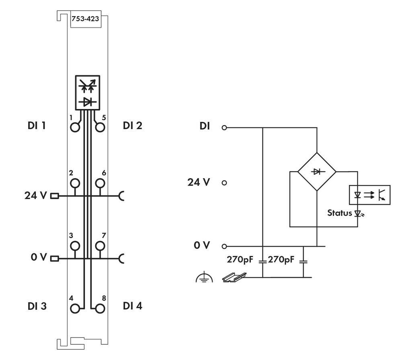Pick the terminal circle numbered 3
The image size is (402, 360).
click(75, 245)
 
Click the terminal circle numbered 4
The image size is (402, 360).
click(75, 309)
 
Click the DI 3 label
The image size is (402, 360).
click(37, 306)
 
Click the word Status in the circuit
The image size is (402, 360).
click(339, 213)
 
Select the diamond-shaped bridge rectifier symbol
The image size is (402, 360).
click(317, 171)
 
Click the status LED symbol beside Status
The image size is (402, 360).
click(358, 214)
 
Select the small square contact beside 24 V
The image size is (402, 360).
click(54, 196)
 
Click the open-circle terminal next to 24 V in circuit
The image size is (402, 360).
click(224, 183)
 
